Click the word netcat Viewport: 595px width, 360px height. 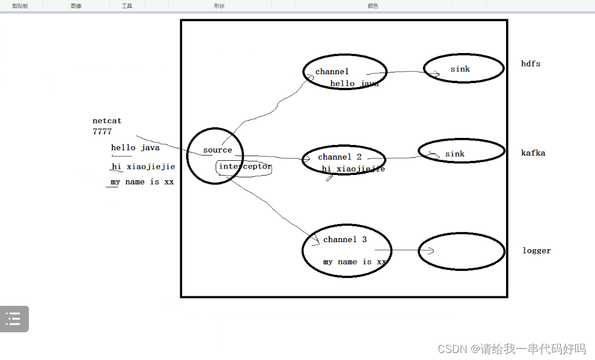pos(107,121)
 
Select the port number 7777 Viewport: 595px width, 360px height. pos(102,131)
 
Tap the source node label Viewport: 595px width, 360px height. pos(217,150)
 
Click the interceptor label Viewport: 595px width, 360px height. pos(245,167)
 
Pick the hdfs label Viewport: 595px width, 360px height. pos(530,64)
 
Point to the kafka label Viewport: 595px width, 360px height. pos(533,153)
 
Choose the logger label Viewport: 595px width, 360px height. pos(536,250)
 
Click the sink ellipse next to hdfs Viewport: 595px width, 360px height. pos(463,69)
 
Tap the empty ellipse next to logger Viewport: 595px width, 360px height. pos(461,251)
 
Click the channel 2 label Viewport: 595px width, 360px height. pos(339,157)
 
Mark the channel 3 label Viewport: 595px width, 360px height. pos(345,240)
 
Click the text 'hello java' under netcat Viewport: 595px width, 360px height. pos(135,148)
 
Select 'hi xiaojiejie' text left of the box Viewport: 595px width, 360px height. pos(143,167)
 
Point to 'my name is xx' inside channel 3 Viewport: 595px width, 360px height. pos(355,262)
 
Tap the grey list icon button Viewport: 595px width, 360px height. pos(14,319)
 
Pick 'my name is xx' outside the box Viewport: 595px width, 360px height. pos(142,182)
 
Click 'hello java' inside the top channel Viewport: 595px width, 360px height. pos(354,84)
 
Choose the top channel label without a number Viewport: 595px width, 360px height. pos(332,72)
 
